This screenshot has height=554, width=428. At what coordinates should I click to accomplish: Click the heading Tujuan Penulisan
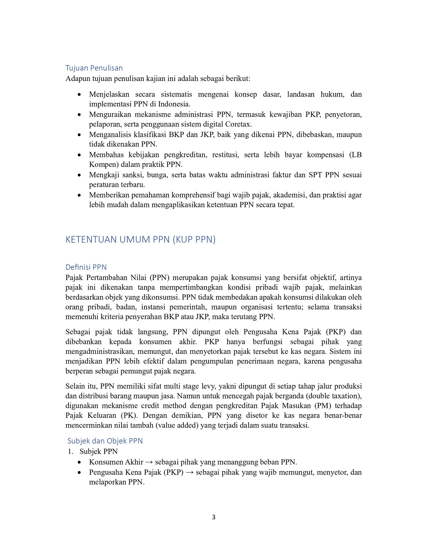[94, 68]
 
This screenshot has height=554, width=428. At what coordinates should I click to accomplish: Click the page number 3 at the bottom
[213, 517]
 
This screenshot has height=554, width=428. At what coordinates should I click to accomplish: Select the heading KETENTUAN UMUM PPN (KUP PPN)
[140, 239]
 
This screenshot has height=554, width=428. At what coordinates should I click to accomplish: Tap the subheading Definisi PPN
[86, 267]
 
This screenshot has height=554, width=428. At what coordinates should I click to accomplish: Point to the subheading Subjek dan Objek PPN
[105, 441]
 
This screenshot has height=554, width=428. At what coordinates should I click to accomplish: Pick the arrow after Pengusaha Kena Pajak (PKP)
[190, 472]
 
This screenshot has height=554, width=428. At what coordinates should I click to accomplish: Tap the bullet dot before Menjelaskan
[79, 94]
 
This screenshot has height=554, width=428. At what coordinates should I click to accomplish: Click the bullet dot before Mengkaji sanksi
[79, 175]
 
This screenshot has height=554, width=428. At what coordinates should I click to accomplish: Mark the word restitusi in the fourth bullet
[225, 155]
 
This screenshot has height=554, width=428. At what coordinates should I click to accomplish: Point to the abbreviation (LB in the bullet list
[355, 155]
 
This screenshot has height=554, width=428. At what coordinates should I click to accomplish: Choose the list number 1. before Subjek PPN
[70, 452]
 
